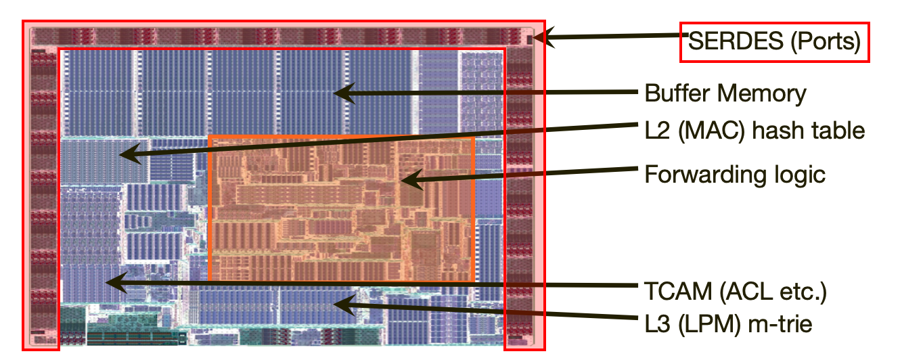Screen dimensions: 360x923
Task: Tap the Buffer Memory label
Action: point(725,93)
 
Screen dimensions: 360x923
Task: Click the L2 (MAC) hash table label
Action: point(755,129)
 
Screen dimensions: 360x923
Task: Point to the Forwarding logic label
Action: point(735,175)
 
